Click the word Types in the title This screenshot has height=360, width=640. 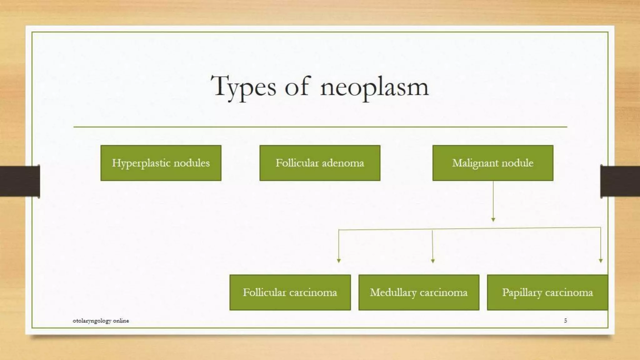[x=243, y=87]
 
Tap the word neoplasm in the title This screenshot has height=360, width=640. [x=374, y=87]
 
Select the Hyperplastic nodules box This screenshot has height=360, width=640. [x=161, y=163]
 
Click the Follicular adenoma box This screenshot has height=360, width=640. [x=320, y=163]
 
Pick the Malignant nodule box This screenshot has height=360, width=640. [x=492, y=163]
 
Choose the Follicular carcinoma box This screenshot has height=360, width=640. [x=290, y=292]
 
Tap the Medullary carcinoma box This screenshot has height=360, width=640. [x=418, y=292]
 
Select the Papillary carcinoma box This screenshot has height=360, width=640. [x=547, y=292]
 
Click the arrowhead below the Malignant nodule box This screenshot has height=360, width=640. [x=493, y=220]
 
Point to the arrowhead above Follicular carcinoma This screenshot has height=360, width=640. [x=339, y=260]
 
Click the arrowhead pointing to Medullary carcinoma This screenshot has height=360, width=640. [x=433, y=261]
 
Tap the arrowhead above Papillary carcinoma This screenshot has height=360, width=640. [x=601, y=260]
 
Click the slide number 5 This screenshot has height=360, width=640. [x=565, y=320]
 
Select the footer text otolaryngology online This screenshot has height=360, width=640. [x=101, y=321]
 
